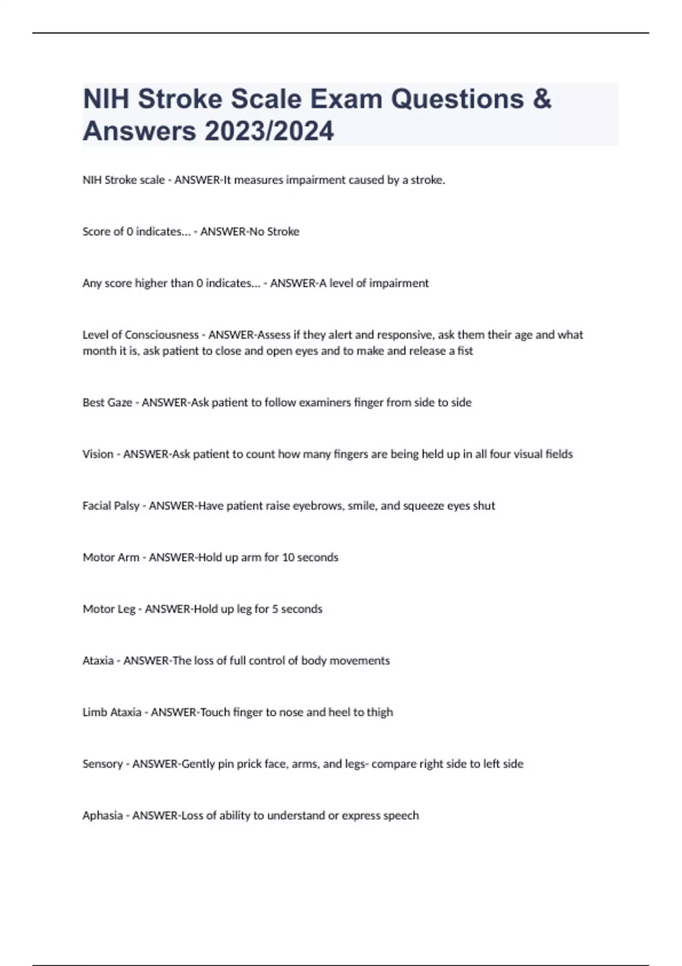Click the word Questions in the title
point(457,99)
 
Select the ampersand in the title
point(543,99)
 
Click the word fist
point(465,351)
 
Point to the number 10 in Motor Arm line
point(288,557)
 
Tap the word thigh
point(380,712)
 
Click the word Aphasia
point(103,815)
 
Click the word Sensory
point(103,764)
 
